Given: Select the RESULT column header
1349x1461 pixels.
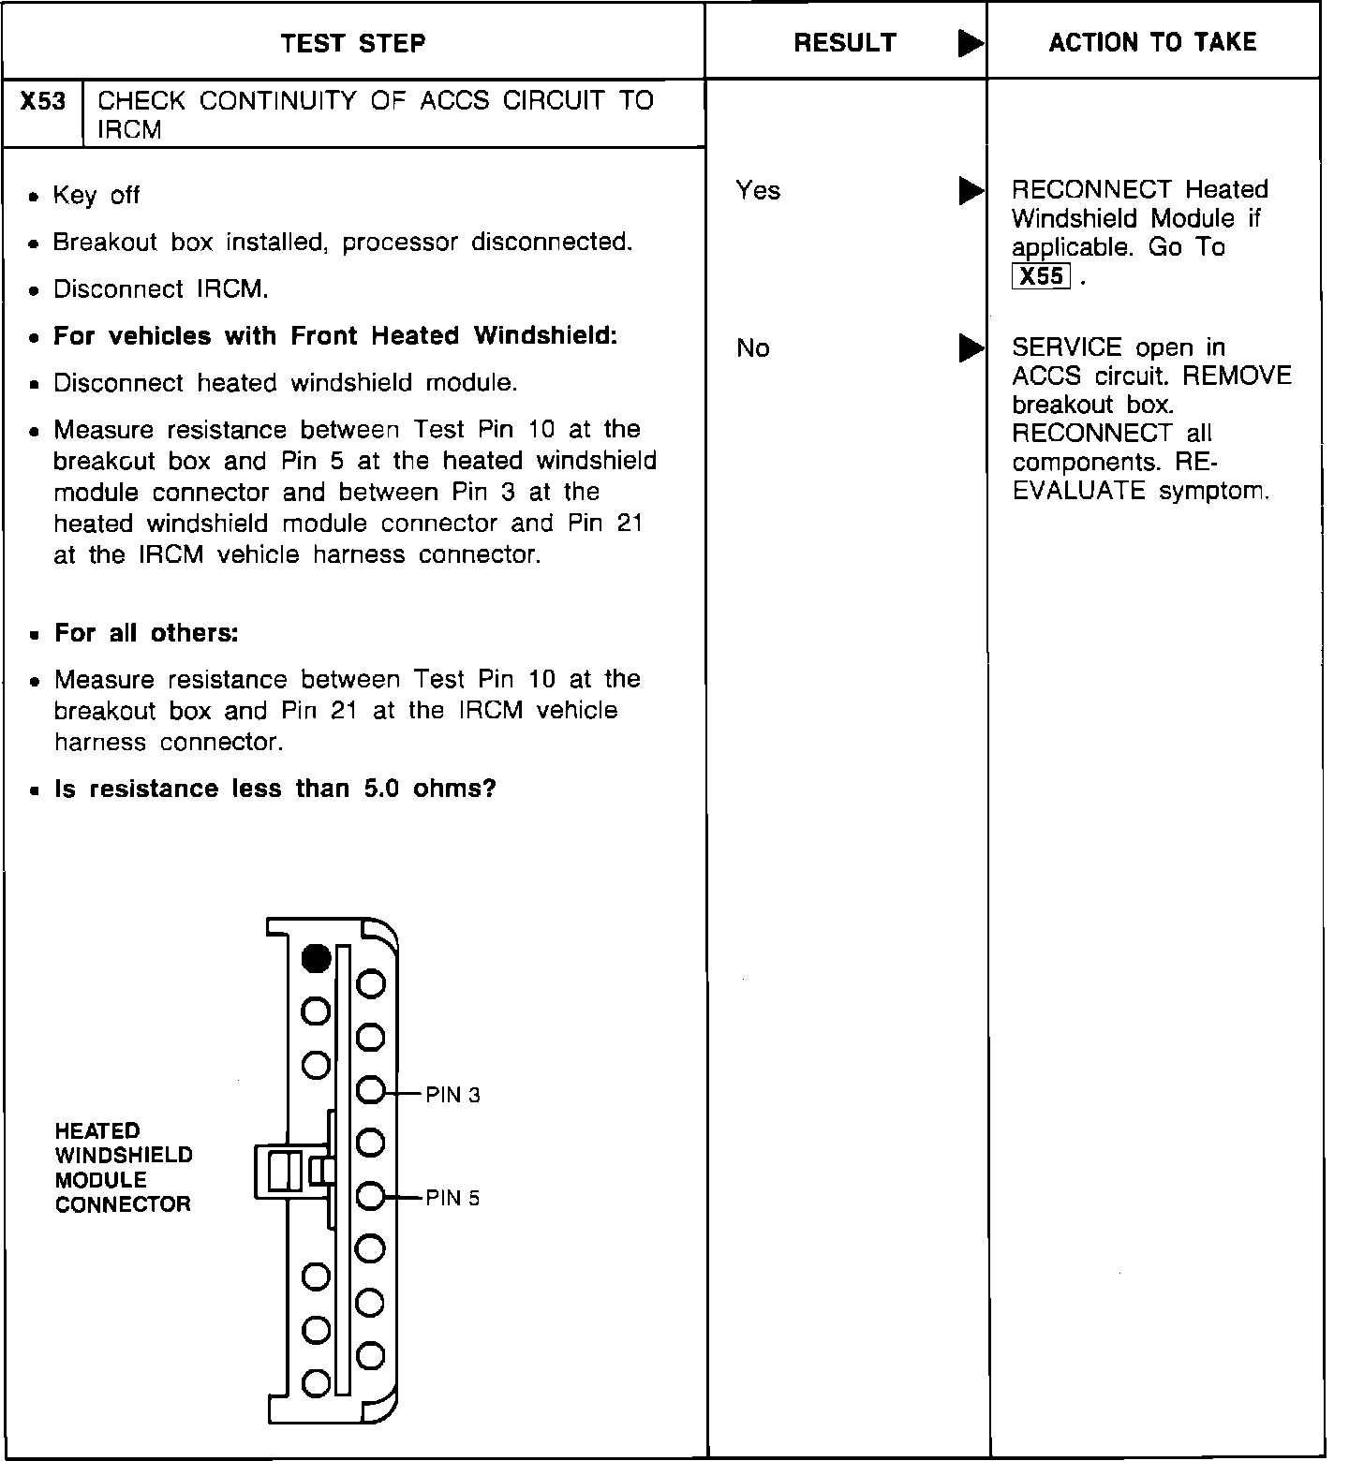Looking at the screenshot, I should pyautogui.click(x=844, y=43).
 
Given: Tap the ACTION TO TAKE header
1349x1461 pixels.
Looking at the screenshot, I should pyautogui.click(x=1152, y=42).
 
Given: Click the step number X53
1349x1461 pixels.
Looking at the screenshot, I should pyautogui.click(x=43, y=101).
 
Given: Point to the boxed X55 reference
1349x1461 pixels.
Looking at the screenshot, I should pyautogui.click(x=1041, y=276).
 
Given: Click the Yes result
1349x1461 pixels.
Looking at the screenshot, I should pyautogui.click(x=758, y=191).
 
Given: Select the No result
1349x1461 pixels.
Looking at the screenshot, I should pyautogui.click(x=753, y=348).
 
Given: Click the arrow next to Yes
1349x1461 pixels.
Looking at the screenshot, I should pyautogui.click(x=971, y=191).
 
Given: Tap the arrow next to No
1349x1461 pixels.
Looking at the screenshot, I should pyautogui.click(x=971, y=348).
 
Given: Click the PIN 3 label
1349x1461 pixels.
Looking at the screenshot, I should pyautogui.click(x=452, y=1095).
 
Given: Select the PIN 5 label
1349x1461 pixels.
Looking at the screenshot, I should pyautogui.click(x=452, y=1198).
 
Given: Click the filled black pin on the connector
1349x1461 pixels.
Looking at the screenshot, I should pyautogui.click(x=317, y=958).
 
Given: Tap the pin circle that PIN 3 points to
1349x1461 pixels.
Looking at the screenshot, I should pyautogui.click(x=371, y=1090).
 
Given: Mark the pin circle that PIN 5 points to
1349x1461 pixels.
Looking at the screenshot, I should pyautogui.click(x=371, y=1196).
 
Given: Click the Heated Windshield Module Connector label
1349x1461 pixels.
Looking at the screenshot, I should pyautogui.click(x=124, y=1168).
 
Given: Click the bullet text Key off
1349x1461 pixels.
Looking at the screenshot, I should pyautogui.click(x=96, y=196).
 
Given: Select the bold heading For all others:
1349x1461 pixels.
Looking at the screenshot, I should pyautogui.click(x=146, y=633).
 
